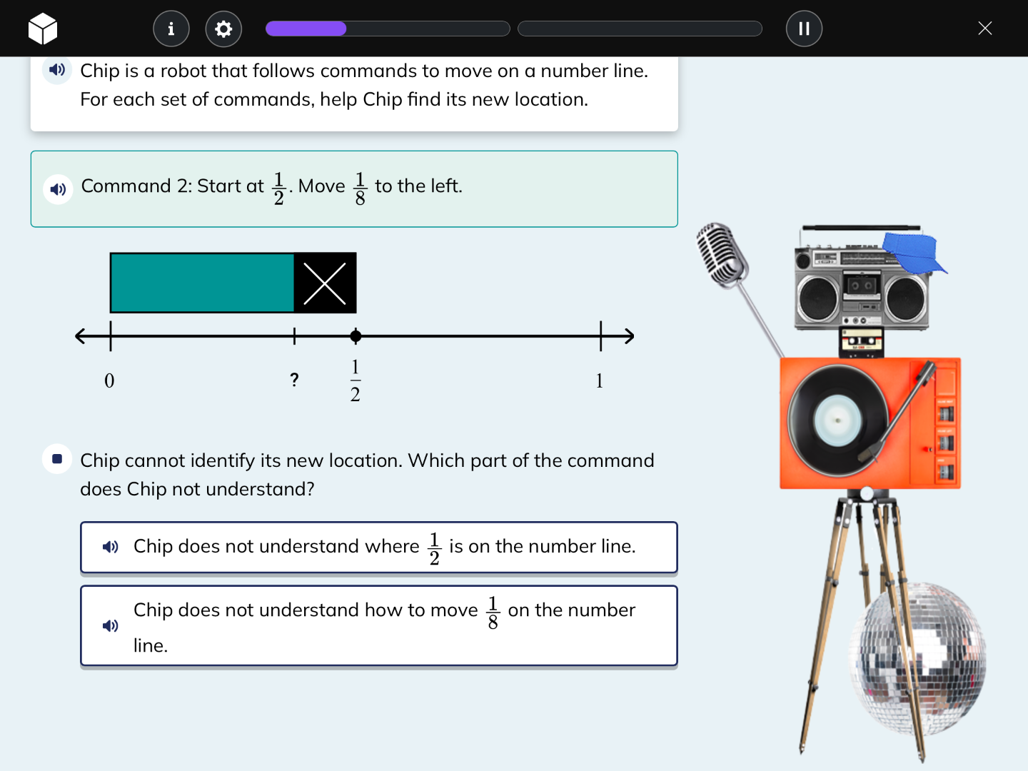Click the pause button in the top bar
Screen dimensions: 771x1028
coord(804,29)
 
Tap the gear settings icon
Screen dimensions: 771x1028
coord(223,29)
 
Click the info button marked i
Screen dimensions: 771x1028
coord(171,29)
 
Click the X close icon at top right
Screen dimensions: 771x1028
coord(984,29)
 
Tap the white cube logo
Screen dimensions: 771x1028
coord(43,29)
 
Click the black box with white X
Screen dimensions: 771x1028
coord(325,283)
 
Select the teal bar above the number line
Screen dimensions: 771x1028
coord(202,283)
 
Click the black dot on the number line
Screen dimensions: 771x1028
coord(356,336)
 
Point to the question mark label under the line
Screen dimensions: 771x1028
coord(294,380)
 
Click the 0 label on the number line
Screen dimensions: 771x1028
coord(109,381)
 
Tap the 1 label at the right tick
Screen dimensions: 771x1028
coord(600,381)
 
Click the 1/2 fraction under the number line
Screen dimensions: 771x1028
coord(356,381)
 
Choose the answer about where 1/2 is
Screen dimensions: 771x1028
coord(378,547)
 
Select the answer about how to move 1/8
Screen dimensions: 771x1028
coord(378,625)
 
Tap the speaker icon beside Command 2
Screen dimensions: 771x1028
coord(58,189)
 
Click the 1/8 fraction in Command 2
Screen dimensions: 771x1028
coord(360,188)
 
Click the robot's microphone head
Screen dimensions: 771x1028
coord(721,254)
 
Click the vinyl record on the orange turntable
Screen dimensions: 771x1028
coord(837,420)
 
